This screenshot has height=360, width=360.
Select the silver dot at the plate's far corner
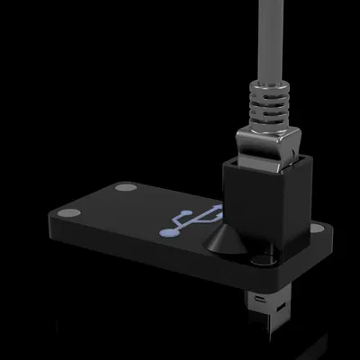click(x=125, y=189)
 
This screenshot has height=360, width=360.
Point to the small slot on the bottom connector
click(x=260, y=296)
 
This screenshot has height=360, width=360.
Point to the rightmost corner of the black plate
click(x=333, y=236)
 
